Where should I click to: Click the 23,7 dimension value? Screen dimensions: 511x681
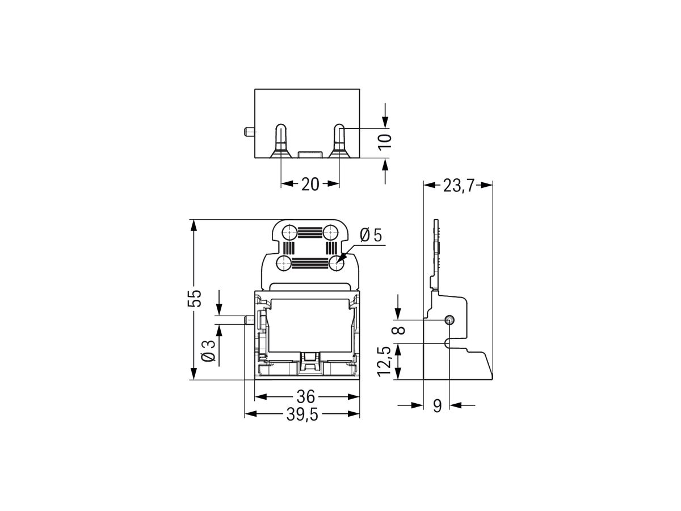click(459, 186)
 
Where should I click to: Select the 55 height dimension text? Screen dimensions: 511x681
click(195, 298)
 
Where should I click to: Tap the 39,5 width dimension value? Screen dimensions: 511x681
click(301, 415)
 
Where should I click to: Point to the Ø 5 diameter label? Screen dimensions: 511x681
click(372, 234)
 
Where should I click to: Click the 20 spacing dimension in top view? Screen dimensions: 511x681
click(310, 184)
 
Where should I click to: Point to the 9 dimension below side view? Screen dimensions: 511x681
click(437, 406)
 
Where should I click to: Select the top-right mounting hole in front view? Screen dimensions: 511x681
click(331, 232)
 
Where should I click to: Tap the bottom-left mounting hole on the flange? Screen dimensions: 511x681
click(284, 263)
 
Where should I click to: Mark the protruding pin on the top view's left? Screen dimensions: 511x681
click(248, 132)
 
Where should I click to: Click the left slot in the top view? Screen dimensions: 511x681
click(281, 140)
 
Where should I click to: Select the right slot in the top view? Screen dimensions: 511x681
click(338, 140)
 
